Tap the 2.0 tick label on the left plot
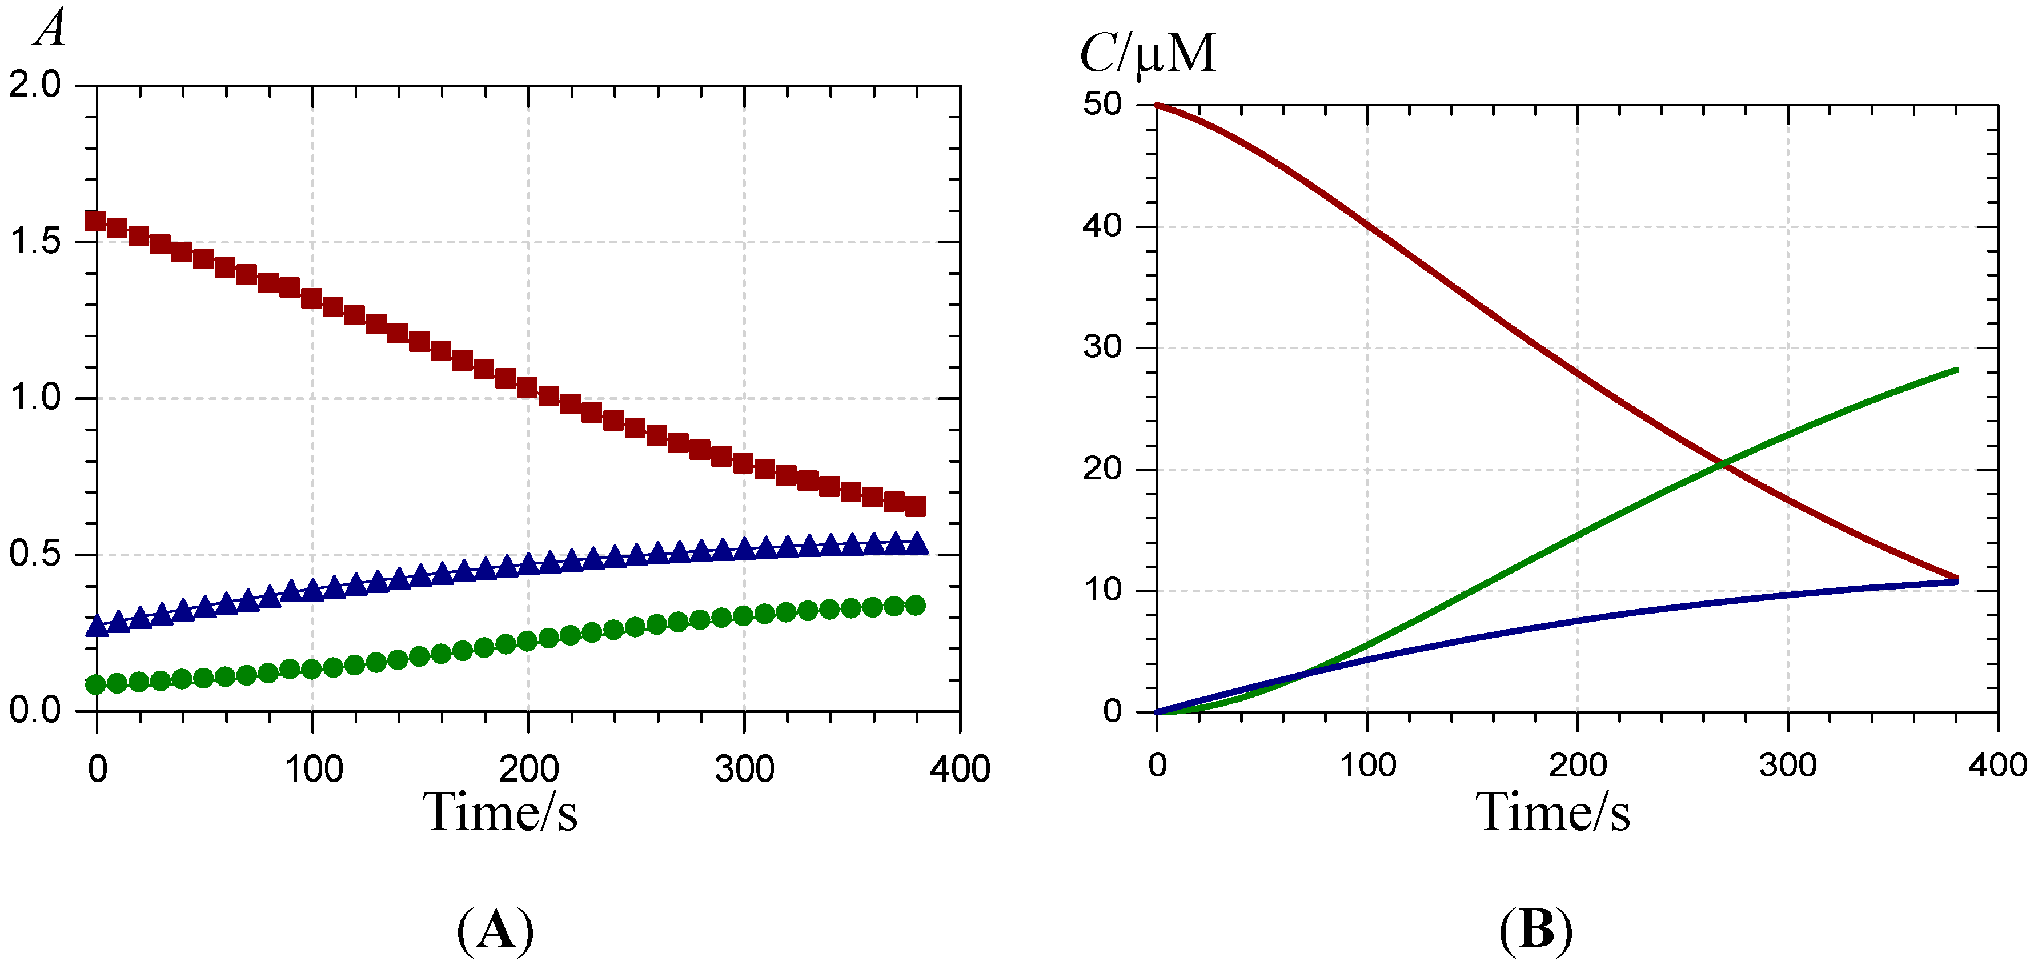pyautogui.click(x=35, y=85)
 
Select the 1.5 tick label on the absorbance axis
pyautogui.click(x=35, y=241)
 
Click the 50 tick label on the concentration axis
pyautogui.click(x=1102, y=103)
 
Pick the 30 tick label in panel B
pyautogui.click(x=1102, y=347)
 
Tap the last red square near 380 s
pyautogui.click(x=915, y=506)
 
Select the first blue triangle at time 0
pyautogui.click(x=97, y=626)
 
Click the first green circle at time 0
pyautogui.click(x=95, y=684)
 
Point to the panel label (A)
pyautogui.click(x=495, y=930)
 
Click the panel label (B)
pyautogui.click(x=1536, y=930)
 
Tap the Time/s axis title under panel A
pyautogui.click(x=500, y=812)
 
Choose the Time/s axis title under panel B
pyautogui.click(x=1552, y=812)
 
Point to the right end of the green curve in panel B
pyautogui.click(x=1957, y=370)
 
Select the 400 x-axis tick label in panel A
pyautogui.click(x=960, y=769)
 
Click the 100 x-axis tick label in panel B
pyautogui.click(x=1367, y=765)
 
